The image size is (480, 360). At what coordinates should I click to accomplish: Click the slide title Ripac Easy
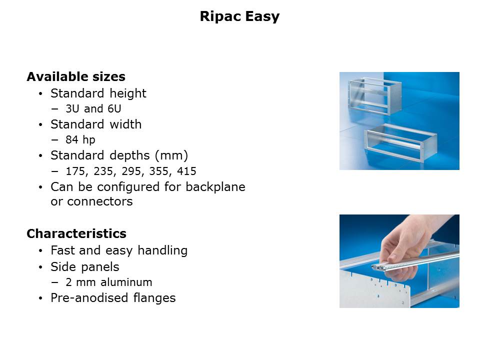239,16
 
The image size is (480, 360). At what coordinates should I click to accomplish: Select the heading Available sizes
76,76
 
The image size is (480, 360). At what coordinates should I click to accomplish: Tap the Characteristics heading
76,233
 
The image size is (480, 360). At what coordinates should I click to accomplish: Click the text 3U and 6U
93,108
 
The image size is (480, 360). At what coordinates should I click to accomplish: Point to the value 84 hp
80,140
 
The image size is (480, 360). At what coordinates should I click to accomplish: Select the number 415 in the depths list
186,171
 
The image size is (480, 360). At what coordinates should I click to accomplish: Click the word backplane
215,186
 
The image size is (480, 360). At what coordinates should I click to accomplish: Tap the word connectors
100,201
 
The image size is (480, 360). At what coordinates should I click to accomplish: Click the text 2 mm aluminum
109,282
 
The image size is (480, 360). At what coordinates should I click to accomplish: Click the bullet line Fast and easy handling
119,250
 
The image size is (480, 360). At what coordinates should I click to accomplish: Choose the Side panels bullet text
85,266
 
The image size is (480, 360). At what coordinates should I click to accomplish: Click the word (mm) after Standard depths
171,155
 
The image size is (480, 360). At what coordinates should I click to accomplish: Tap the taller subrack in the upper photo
374,95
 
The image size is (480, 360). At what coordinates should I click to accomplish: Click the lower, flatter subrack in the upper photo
400,141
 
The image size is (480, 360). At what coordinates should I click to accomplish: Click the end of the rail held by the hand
375,267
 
